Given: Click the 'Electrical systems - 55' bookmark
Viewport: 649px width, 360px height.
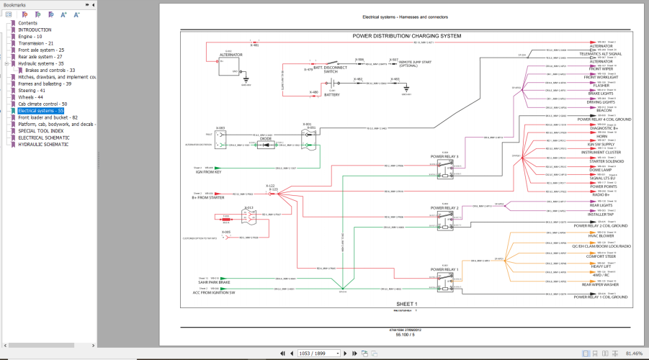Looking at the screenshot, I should [x=41, y=111].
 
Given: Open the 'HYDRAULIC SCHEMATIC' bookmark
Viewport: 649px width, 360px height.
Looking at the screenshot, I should [x=44, y=144].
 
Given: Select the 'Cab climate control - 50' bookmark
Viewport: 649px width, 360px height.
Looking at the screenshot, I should [x=42, y=104].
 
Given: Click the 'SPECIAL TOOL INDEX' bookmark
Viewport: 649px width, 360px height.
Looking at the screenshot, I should [x=41, y=130].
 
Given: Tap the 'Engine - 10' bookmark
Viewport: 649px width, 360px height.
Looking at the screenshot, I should [x=30, y=36].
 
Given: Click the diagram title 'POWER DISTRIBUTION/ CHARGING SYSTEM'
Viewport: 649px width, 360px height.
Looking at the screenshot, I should [x=407, y=35].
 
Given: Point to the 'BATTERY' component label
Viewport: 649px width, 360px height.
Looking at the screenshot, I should [x=332, y=94].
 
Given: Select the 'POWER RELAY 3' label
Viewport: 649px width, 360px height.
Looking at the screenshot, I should [x=444, y=156].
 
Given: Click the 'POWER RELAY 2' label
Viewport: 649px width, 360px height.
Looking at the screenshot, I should [x=444, y=207].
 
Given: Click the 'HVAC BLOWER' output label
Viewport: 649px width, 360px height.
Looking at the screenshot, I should [x=600, y=236].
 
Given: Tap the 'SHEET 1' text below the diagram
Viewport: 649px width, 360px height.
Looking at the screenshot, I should [x=406, y=304].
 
